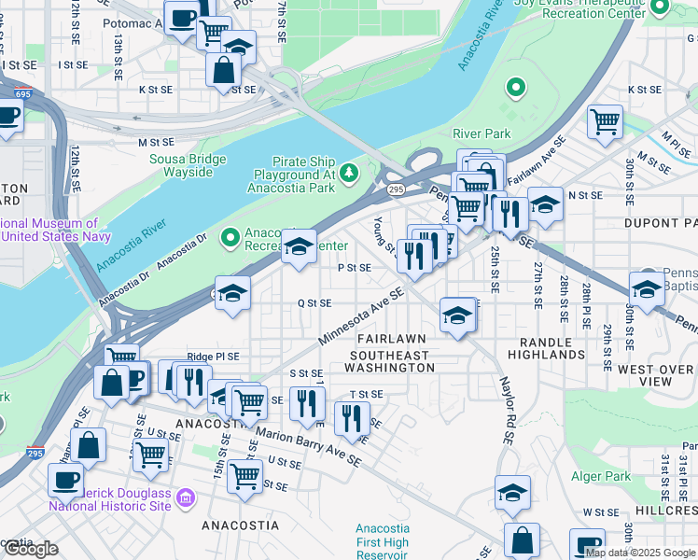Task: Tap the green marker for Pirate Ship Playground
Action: click(x=349, y=172)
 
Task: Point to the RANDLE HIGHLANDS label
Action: click(x=546, y=347)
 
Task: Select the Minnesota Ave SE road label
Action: click(x=360, y=315)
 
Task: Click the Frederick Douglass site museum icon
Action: click(x=186, y=498)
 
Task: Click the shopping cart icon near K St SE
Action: click(x=605, y=120)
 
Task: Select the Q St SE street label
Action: click(x=314, y=303)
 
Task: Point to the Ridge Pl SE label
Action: click(x=213, y=357)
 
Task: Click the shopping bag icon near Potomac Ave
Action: click(x=224, y=69)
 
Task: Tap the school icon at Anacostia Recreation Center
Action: click(x=299, y=246)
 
